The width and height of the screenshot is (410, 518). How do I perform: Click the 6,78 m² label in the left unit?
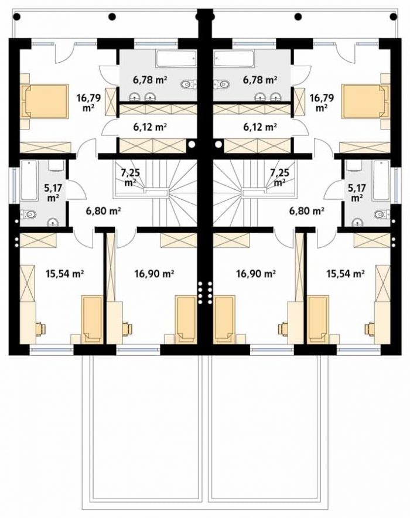pyautogui.click(x=150, y=80)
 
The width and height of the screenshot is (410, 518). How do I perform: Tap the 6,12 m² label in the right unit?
pyautogui.click(x=260, y=127)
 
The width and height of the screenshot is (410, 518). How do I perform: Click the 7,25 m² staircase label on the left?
pyautogui.click(x=131, y=177)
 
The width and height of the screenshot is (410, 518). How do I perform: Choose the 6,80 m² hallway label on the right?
pyautogui.click(x=306, y=210)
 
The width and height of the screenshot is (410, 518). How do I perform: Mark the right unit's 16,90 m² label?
pyautogui.click(x=256, y=274)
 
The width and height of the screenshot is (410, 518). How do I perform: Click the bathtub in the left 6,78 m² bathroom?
pyautogui.click(x=176, y=59)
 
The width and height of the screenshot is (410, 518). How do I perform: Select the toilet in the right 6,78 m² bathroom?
pyautogui.click(x=222, y=84)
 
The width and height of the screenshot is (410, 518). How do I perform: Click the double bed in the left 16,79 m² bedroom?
pyautogui.click(x=45, y=101)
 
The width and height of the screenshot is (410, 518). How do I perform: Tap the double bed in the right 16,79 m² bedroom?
pyautogui.click(x=365, y=101)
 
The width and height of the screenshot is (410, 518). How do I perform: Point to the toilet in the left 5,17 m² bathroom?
pyautogui.click(x=28, y=214)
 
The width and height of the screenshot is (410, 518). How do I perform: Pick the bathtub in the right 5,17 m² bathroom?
pyautogui.click(x=381, y=180)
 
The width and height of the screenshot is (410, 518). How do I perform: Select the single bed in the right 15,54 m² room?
pyautogui.click(x=318, y=319)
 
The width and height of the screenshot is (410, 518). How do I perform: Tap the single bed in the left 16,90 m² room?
pyautogui.click(x=186, y=319)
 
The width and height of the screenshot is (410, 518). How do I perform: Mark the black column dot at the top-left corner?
pyautogui.click(x=17, y=16)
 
